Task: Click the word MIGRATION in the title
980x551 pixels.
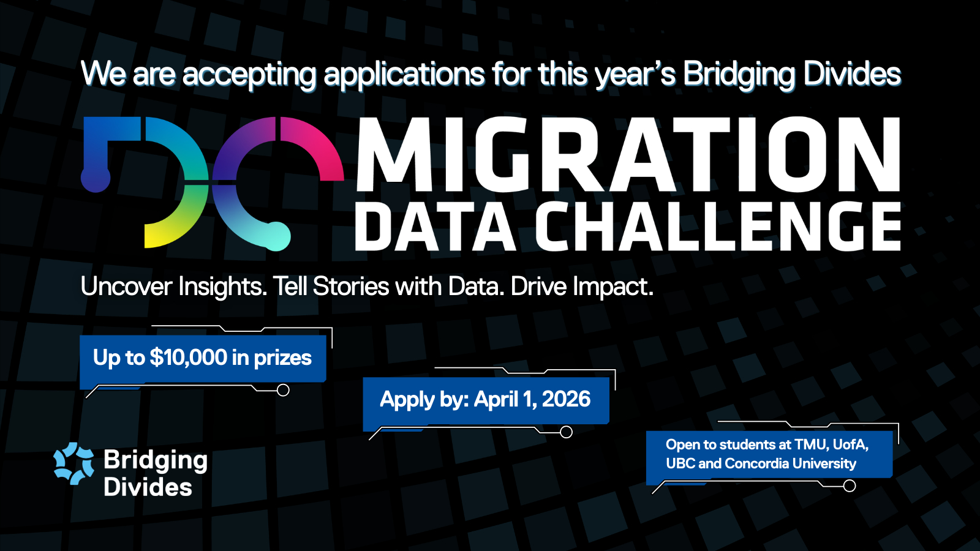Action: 628,154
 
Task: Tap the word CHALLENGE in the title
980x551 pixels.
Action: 718,227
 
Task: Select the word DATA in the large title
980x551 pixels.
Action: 435,227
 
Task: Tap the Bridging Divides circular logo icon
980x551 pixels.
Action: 73,464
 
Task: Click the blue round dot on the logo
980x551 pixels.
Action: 96,178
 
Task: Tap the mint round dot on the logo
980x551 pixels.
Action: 276,236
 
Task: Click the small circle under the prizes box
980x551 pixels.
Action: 283,390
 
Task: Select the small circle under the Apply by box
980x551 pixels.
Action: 566,432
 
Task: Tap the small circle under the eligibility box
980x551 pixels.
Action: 849,486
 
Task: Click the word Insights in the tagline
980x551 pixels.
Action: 222,287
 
